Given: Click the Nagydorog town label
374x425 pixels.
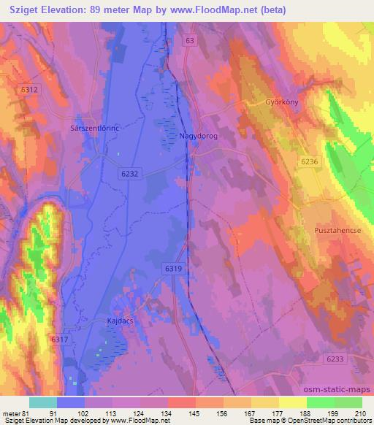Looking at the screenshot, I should click(199, 136).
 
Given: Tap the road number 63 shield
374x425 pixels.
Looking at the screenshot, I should click(191, 42).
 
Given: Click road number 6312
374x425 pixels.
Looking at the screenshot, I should click(29, 90).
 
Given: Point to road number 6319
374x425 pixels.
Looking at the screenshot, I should click(173, 269).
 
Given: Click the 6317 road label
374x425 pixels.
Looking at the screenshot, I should click(60, 339).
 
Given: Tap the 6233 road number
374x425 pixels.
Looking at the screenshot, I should click(335, 359).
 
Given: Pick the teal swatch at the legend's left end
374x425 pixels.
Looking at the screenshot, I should click(43, 402).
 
